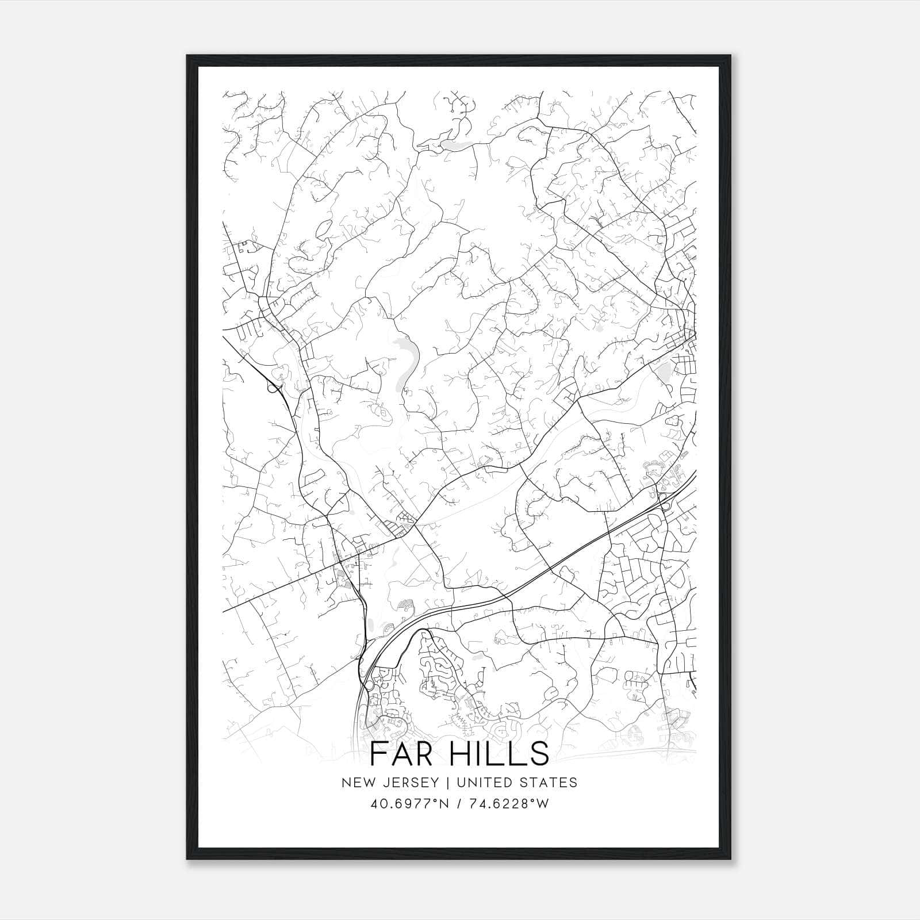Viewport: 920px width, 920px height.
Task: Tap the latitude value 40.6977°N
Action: point(409,803)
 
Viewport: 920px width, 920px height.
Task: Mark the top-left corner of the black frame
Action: point(187,56)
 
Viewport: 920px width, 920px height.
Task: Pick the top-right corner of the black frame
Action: point(732,56)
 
